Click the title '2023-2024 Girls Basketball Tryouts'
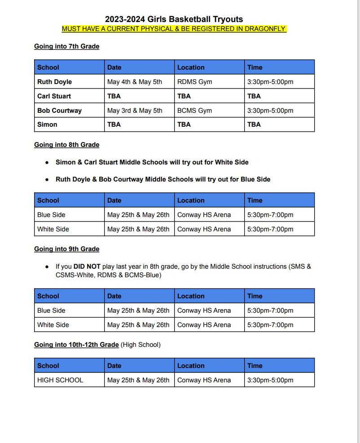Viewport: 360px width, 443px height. (x=174, y=19)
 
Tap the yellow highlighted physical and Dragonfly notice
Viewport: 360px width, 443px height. (x=174, y=29)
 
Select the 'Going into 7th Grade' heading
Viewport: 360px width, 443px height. (x=67, y=46)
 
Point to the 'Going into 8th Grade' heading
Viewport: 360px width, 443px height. (x=67, y=145)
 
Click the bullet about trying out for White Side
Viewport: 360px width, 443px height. (x=152, y=162)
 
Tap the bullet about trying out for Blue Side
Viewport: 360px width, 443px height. (x=163, y=179)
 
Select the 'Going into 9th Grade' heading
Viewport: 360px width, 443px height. (x=67, y=249)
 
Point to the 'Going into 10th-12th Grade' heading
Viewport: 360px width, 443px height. (x=77, y=345)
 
